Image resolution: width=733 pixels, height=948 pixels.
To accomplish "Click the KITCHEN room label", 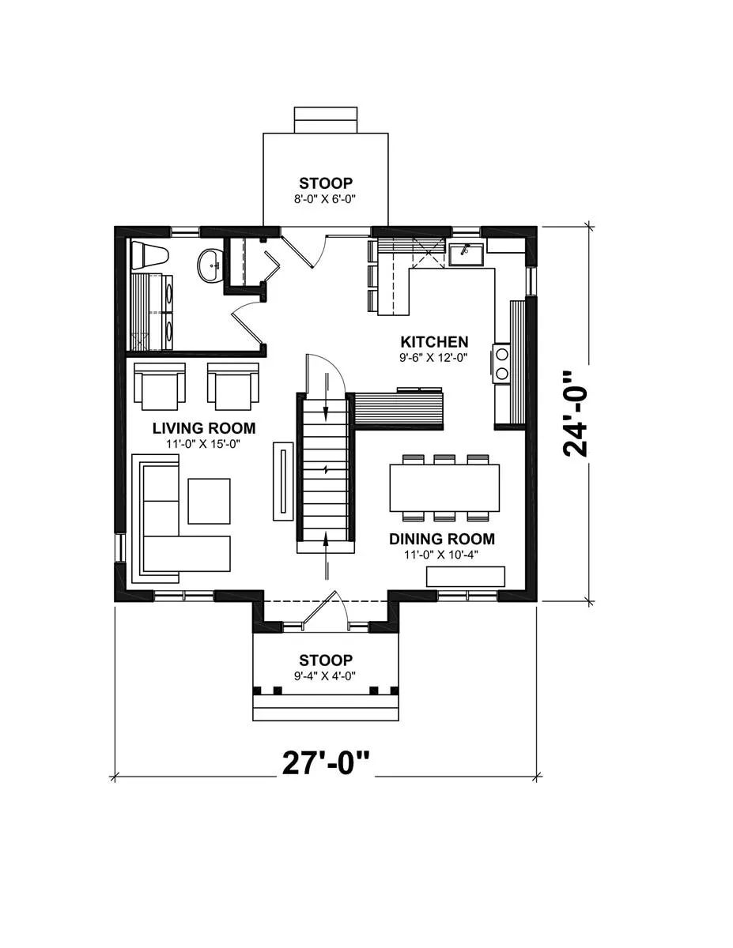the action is (434, 341).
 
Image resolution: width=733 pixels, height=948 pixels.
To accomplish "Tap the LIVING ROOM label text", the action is (204, 428).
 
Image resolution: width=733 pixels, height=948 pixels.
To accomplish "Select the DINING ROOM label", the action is (442, 539).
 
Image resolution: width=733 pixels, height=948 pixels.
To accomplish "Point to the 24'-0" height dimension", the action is (575, 414).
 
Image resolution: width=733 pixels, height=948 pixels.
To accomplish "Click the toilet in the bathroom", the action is (149, 255).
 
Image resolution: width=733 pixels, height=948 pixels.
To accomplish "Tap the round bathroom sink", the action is (210, 265).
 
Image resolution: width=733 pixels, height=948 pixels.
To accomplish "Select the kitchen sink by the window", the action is (466, 254).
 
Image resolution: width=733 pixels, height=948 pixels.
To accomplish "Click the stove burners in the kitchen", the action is (501, 363).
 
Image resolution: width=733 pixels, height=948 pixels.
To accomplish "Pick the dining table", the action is (444, 487).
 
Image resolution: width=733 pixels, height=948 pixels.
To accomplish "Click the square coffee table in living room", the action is (209, 501).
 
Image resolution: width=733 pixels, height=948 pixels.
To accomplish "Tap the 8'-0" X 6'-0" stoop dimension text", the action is (325, 199).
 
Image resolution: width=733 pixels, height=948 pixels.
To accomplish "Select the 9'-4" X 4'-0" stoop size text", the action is (325, 676).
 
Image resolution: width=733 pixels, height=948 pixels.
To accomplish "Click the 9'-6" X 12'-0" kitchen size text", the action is (433, 358).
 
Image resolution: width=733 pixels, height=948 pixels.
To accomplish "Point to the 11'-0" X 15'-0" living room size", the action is (203, 444).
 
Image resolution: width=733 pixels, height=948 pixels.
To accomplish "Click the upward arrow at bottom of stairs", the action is (326, 555).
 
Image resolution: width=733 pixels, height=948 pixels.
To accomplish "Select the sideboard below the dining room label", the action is (466, 576).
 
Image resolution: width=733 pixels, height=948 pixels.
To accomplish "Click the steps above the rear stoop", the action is (326, 120).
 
